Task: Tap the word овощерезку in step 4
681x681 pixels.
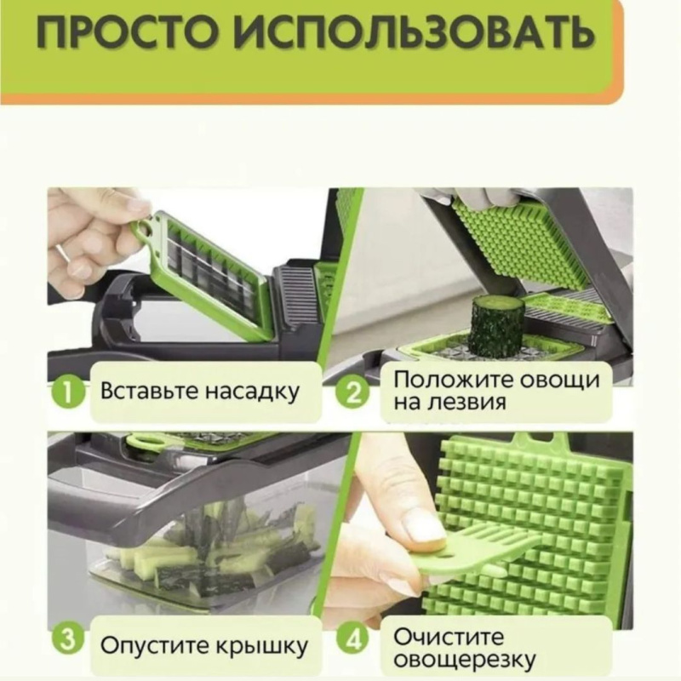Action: (464, 660)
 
